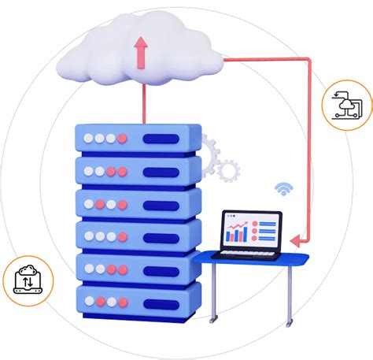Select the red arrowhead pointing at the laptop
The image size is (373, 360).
tap(294, 238)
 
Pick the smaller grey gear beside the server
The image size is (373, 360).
tap(227, 169)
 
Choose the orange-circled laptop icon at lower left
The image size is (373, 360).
tap(28, 279)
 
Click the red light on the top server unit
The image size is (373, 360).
tap(122, 139)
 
